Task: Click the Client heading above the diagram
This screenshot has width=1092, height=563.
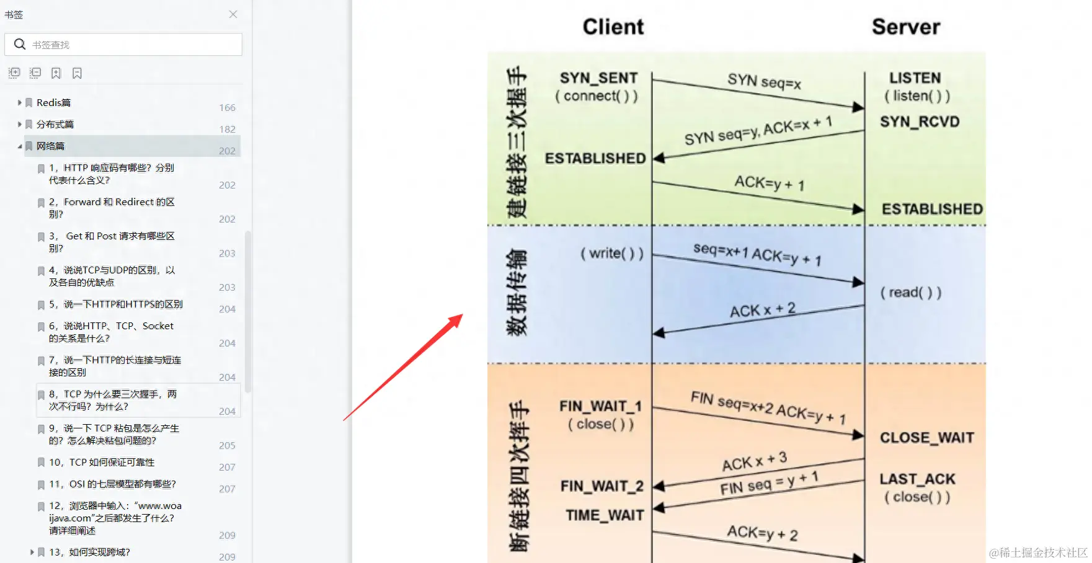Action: (613, 27)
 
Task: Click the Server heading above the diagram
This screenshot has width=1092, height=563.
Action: (905, 27)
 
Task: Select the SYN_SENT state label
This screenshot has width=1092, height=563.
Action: (598, 78)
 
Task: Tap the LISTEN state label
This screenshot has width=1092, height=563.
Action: (915, 78)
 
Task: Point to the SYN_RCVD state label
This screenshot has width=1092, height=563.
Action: (920, 122)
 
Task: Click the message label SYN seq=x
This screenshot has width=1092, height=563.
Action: (764, 81)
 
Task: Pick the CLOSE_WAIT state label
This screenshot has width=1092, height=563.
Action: (926, 438)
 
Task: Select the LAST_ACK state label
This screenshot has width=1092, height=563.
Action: (917, 479)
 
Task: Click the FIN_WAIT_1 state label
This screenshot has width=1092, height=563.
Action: (600, 406)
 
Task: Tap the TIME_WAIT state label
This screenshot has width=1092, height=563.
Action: (605, 515)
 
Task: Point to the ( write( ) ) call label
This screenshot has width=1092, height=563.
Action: (612, 254)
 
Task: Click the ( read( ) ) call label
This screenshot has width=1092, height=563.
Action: (910, 293)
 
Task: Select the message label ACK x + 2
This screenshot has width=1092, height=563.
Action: (762, 310)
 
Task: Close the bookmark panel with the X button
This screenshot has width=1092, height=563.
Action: (233, 14)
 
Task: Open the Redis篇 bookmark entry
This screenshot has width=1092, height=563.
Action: (53, 103)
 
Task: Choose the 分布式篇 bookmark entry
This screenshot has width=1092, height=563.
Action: (55, 125)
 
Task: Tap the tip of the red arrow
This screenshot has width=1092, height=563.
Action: (461, 315)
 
